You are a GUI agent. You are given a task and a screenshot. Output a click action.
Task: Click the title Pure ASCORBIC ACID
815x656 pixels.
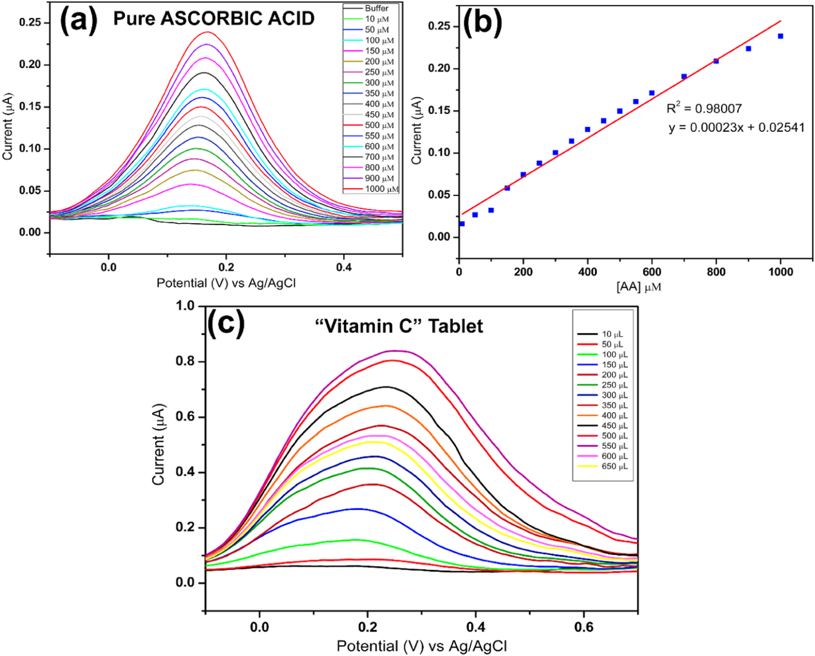[x=214, y=19]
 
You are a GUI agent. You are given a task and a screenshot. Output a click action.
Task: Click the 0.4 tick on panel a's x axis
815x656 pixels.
[x=344, y=268]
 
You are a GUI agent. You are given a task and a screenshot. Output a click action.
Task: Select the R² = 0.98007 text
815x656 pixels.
[x=704, y=108]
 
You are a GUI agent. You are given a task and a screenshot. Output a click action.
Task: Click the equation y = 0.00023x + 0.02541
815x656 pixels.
[x=737, y=128]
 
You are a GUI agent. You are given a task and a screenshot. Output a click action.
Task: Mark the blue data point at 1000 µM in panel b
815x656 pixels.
[x=780, y=36]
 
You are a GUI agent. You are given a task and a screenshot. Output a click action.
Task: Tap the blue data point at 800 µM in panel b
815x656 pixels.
[x=716, y=61]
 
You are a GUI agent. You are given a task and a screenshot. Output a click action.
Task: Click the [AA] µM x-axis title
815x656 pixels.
[x=639, y=286]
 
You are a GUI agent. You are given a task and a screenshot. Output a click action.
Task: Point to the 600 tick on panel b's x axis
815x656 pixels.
[x=651, y=272]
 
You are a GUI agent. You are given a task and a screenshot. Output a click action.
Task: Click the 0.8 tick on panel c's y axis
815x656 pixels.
[x=186, y=361]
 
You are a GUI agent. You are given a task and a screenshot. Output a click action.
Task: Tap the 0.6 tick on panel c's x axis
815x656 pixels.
[x=584, y=627]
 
